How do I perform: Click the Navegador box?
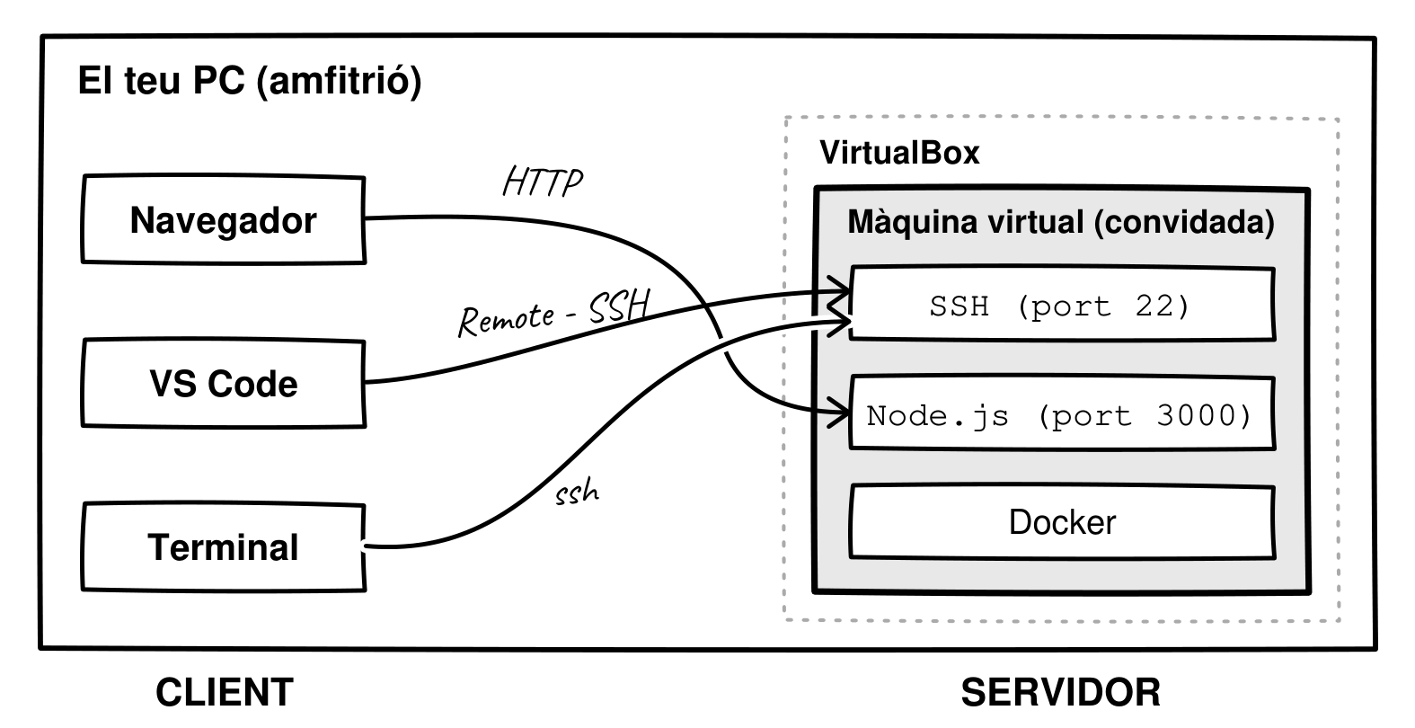[224, 219]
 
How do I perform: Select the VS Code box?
[224, 384]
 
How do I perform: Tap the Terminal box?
[224, 547]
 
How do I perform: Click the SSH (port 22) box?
[1063, 305]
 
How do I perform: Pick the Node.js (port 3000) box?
[1063, 413]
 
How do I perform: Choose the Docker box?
[1063, 522]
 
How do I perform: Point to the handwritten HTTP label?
[542, 182]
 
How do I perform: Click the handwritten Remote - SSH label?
[554, 313]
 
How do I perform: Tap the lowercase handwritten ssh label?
[577, 493]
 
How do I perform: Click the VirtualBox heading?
[899, 152]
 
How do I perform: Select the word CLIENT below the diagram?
[225, 693]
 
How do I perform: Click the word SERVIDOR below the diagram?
[1061, 693]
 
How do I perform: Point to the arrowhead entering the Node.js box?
[840, 413]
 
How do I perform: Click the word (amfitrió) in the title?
[340, 82]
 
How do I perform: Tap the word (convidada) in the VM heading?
[1184, 223]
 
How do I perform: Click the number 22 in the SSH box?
[1155, 306]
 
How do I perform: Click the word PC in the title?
[218, 81]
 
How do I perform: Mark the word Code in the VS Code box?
[252, 385]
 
